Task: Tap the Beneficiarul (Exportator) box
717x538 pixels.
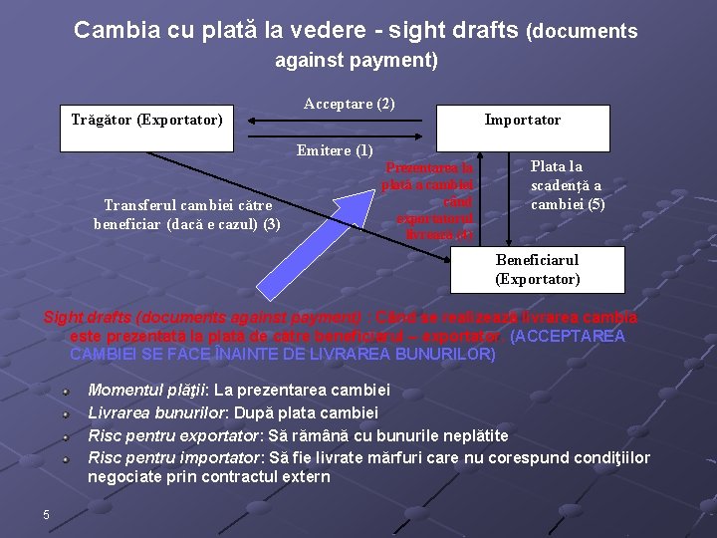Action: tap(537, 269)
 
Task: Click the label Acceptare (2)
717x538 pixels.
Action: tap(349, 104)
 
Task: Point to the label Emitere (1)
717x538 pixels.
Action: tap(335, 151)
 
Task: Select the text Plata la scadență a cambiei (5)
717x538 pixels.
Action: tap(566, 185)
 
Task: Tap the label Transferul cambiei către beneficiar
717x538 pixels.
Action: tap(187, 214)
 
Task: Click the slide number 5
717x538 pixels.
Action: tap(46, 514)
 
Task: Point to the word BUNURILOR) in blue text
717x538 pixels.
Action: tap(445, 354)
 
